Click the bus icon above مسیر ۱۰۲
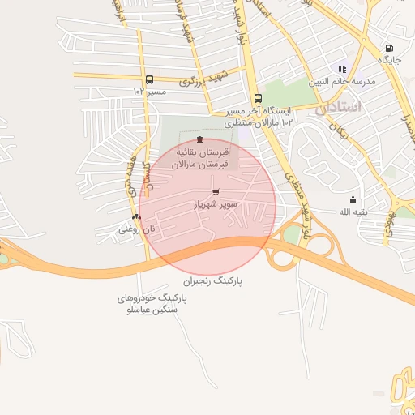coord(149,79)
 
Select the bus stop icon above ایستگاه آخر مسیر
coord(258,98)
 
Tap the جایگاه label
coord(389,60)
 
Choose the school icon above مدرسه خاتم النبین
coord(341,69)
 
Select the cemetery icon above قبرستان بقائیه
coord(200,139)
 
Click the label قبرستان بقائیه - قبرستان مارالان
coord(199,158)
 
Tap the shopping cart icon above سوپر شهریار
coord(215,192)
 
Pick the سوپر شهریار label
coord(215,204)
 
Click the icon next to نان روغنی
coord(136,216)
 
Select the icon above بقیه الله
coord(353,200)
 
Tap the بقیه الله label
coord(353,212)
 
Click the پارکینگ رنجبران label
coord(212,281)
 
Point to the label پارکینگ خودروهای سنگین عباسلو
coord(152,304)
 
